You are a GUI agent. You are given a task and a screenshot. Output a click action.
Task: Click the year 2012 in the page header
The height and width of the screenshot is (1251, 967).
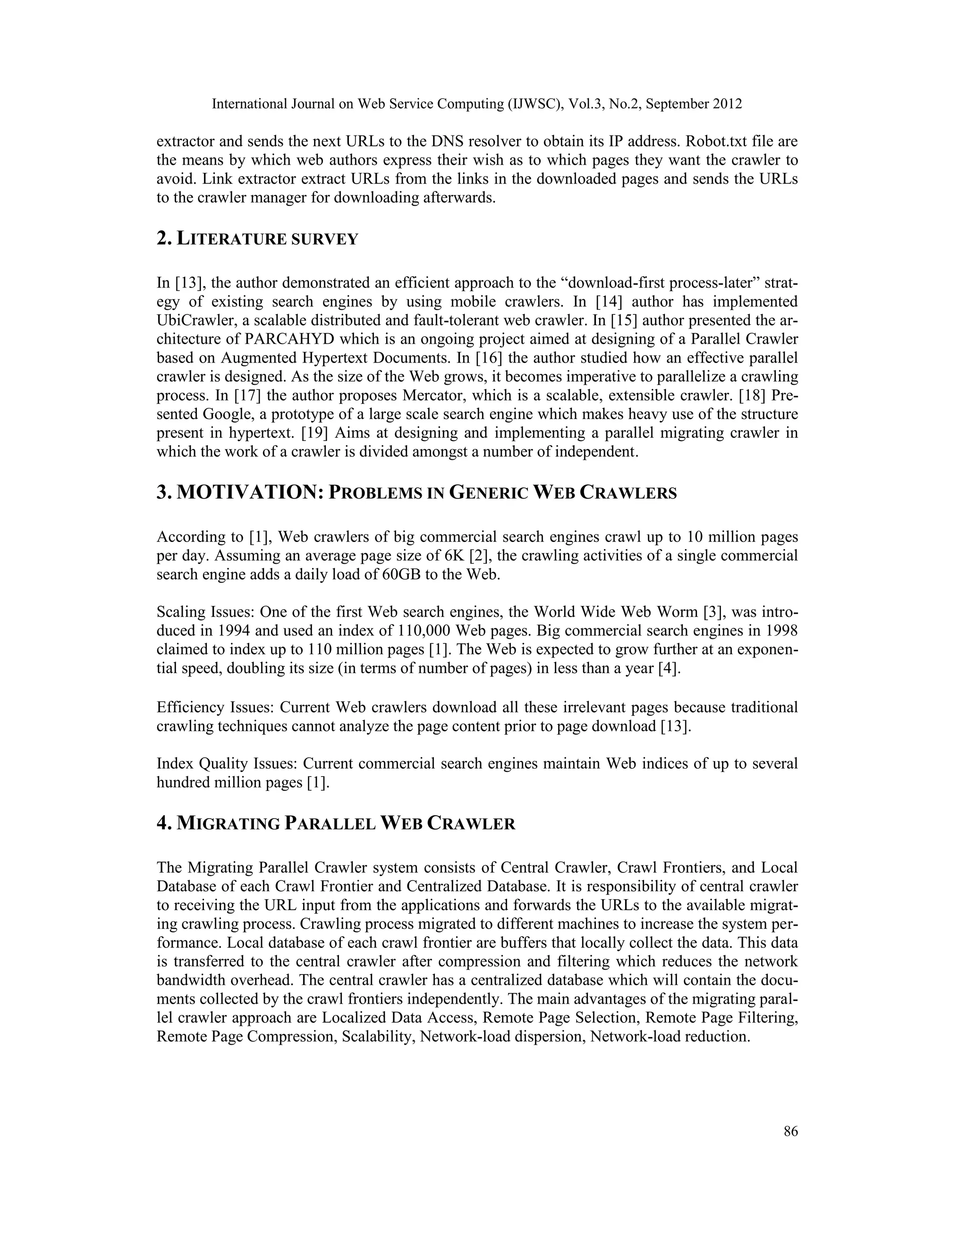(x=728, y=104)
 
